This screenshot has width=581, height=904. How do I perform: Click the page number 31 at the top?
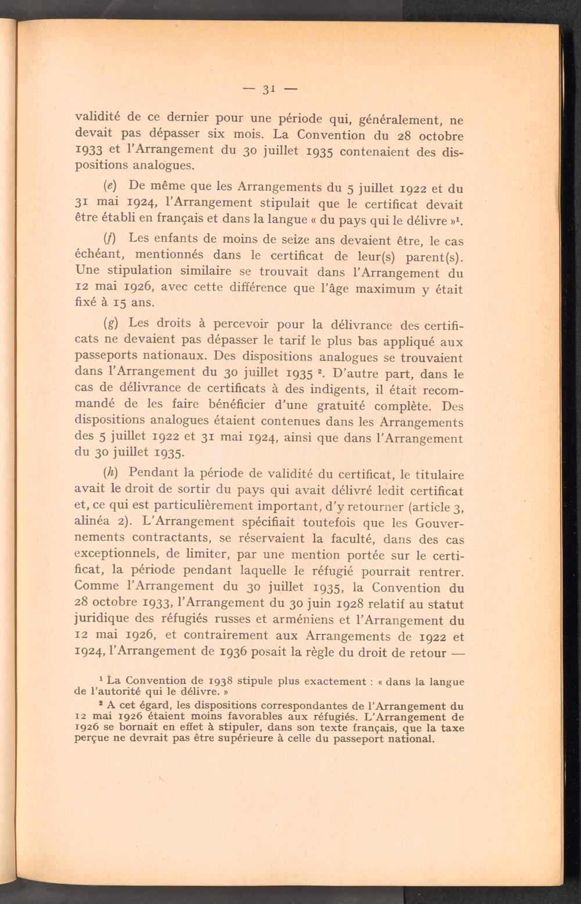pyautogui.click(x=268, y=89)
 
